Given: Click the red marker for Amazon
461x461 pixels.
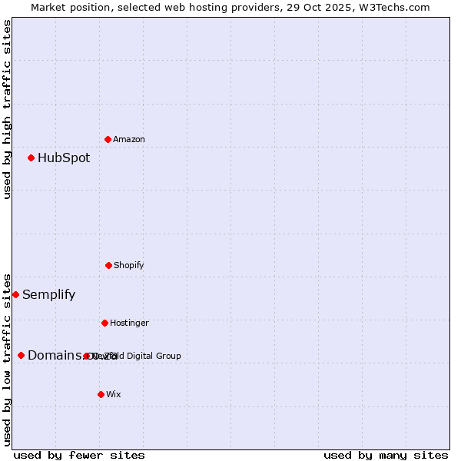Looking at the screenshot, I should pyautogui.click(x=108, y=139).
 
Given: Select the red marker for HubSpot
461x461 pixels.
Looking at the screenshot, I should pyautogui.click(x=31, y=158).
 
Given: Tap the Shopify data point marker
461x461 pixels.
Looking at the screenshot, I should pyautogui.click(x=108, y=265).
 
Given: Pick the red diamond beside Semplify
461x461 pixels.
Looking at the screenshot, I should pyautogui.click(x=15, y=294).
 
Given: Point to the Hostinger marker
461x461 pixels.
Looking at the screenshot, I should pyautogui.click(x=104, y=323).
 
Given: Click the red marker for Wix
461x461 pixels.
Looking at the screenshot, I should pyautogui.click(x=101, y=394).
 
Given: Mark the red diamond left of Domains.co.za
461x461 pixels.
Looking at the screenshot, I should pyautogui.click(x=21, y=355).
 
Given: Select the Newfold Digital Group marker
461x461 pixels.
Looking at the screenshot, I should pyautogui.click(x=86, y=356).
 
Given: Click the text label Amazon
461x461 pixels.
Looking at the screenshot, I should pyautogui.click(x=129, y=140).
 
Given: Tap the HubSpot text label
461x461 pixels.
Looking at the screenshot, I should pyautogui.click(x=64, y=158).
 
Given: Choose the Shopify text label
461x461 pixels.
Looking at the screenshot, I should pyautogui.click(x=129, y=266).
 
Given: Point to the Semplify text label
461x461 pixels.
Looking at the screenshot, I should pyautogui.click(x=48, y=295).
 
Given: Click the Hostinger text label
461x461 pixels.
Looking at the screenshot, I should pyautogui.click(x=129, y=323).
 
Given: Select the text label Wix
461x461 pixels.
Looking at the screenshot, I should pyautogui.click(x=114, y=395).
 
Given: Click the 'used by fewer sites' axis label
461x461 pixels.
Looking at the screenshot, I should pyautogui.click(x=79, y=456).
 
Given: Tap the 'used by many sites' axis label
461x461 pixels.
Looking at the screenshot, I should pyautogui.click(x=386, y=456).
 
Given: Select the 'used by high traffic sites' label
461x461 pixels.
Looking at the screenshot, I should pyautogui.click(x=7, y=109).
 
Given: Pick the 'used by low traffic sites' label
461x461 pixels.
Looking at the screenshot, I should pyautogui.click(x=7, y=360).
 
